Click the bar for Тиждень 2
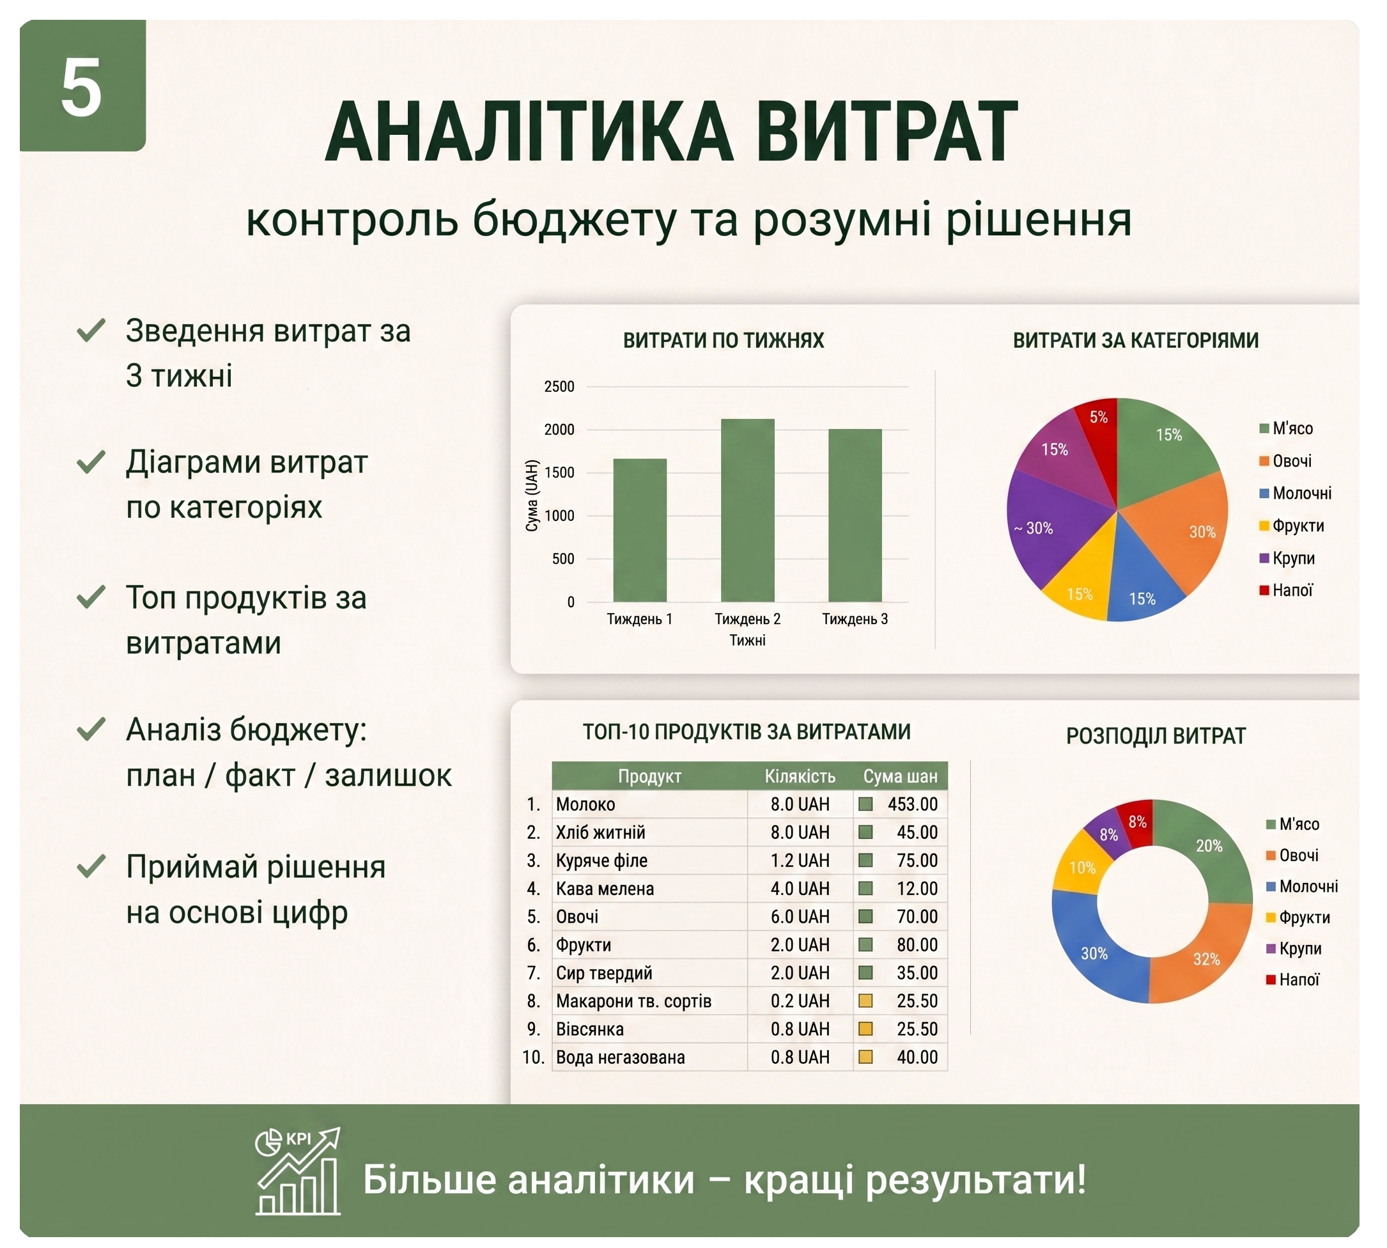[x=747, y=510]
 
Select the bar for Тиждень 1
[x=640, y=530]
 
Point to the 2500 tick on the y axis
[x=559, y=387]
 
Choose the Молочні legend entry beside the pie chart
[x=1295, y=493]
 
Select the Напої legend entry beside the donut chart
[x=1292, y=979]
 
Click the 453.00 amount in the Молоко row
[x=913, y=804]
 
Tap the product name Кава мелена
[x=605, y=888]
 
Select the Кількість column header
[x=800, y=776]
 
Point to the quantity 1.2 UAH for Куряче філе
[x=800, y=860]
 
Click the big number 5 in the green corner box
[x=82, y=87]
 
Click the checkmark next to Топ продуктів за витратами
[x=91, y=597]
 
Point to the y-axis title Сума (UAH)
[x=532, y=495]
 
